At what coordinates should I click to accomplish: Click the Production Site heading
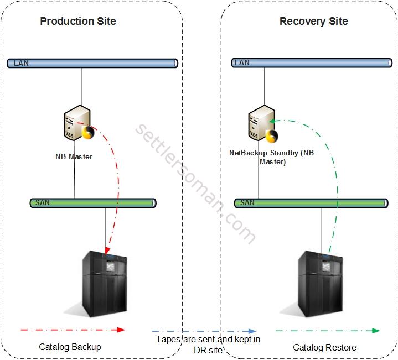pyautogui.click(x=78, y=22)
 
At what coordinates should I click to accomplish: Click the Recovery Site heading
pyautogui.click(x=313, y=22)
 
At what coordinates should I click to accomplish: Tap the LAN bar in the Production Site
pyautogui.click(x=92, y=63)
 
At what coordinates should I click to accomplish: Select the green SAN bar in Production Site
pyautogui.click(x=92, y=203)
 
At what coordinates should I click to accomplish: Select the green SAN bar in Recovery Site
pyautogui.click(x=311, y=203)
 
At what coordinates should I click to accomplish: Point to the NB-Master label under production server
pyautogui.click(x=74, y=156)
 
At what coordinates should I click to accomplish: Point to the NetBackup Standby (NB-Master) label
pyautogui.click(x=272, y=158)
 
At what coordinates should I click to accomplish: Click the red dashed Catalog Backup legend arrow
pyautogui.click(x=73, y=330)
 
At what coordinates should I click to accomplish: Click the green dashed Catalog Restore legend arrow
pyautogui.click(x=327, y=331)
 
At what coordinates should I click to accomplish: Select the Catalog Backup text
pyautogui.click(x=70, y=347)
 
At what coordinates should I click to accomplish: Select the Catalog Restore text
pyautogui.click(x=324, y=347)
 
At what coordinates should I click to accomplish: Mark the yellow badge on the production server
pyautogui.click(x=87, y=133)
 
